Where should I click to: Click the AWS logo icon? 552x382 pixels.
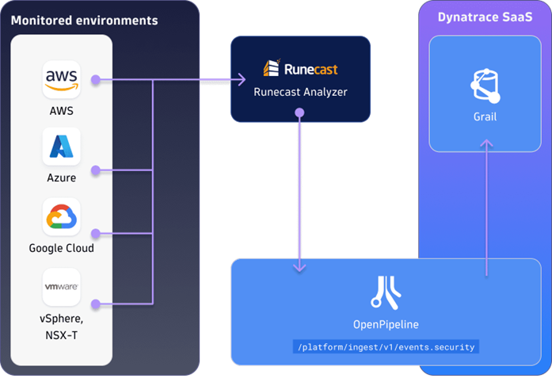pos(62,80)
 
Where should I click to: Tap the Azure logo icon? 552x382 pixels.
pos(62,147)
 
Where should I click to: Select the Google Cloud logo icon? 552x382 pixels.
pos(62,217)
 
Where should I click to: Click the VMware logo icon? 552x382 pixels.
pos(62,287)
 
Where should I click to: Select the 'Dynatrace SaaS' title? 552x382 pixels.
pos(484,17)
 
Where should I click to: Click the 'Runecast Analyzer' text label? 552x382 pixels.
pos(300,92)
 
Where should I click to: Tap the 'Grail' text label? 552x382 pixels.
pos(484,116)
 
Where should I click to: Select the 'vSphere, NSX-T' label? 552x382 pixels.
pos(62,327)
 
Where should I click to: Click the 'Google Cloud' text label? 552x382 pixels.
pos(62,248)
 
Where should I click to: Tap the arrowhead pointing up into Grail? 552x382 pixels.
pos(485,144)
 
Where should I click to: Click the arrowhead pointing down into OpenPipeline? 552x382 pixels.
pos(299,268)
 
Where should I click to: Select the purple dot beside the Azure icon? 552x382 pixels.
pos(95,170)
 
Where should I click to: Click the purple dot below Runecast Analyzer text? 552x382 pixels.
pos(299,113)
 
